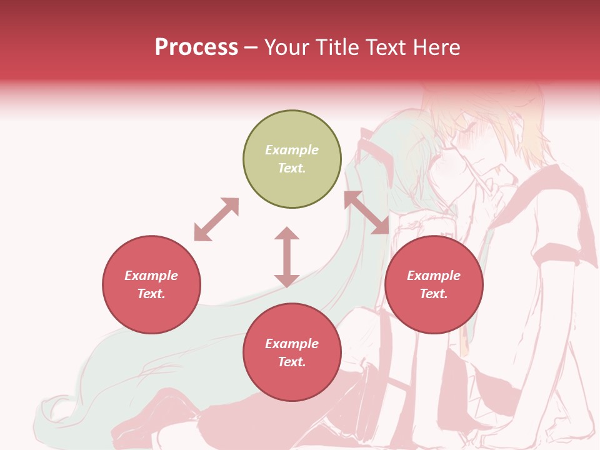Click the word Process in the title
click(196, 47)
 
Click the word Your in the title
click(286, 47)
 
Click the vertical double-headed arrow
click(287, 257)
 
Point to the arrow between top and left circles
click(216, 219)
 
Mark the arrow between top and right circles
click(366, 212)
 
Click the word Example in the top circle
click(292, 150)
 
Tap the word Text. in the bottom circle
click(292, 362)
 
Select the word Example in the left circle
click(151, 276)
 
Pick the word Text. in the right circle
click(434, 294)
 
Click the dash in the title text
click(251, 47)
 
